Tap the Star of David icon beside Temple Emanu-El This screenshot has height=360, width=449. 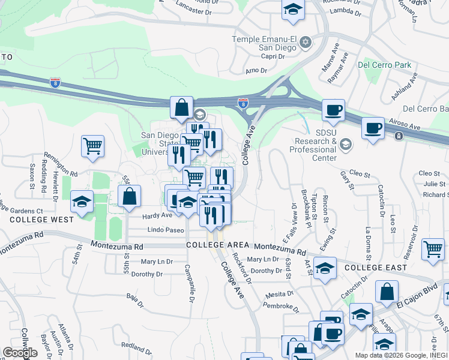306,41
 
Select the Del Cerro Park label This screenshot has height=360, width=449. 384,64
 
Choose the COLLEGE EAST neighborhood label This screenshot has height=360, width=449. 376,267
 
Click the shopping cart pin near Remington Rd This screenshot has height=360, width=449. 92,146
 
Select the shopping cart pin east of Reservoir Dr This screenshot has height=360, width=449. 433,248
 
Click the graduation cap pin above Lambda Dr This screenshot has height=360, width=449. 293,10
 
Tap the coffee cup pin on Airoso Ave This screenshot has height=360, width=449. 373,128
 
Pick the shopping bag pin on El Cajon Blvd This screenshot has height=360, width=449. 387,292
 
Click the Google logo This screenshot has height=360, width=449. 20,353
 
